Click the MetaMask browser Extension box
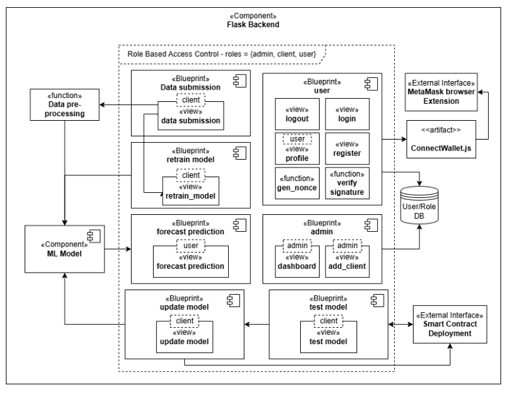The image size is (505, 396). [x=440, y=92]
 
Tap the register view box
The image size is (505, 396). [x=346, y=148]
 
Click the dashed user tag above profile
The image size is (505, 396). [x=297, y=139]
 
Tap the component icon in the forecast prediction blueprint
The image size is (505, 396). [x=239, y=224]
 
